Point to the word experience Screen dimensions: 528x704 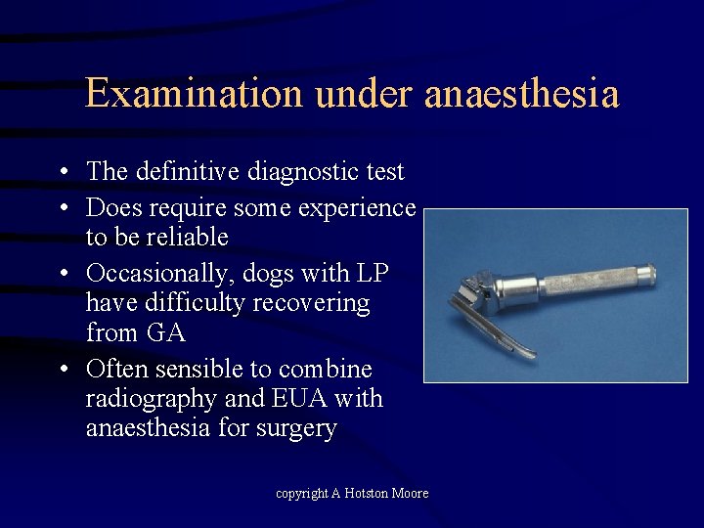[362, 208]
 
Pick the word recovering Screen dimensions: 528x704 [311, 303]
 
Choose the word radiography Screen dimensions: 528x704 [156, 399]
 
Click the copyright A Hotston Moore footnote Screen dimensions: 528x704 [352, 494]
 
